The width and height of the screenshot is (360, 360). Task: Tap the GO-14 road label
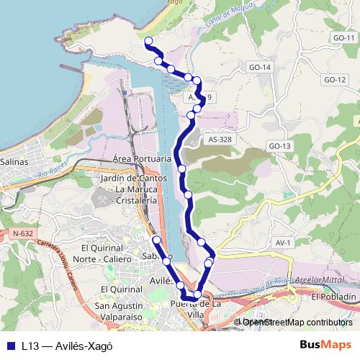[260, 67]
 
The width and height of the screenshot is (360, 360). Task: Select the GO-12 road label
[335, 79]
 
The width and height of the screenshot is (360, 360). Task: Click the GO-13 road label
[279, 146]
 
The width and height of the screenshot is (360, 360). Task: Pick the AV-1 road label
[283, 243]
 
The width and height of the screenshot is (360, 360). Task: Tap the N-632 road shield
[23, 233]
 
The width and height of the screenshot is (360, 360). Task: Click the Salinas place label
[14, 162]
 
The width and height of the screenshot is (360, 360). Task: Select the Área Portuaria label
[142, 158]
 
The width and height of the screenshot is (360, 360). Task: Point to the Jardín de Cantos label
[134, 179]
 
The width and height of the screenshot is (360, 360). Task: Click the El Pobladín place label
[333, 297]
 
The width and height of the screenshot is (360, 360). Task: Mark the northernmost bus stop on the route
[148, 40]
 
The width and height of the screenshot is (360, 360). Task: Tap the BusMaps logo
[325, 345]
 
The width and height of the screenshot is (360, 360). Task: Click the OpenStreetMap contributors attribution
[297, 323]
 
